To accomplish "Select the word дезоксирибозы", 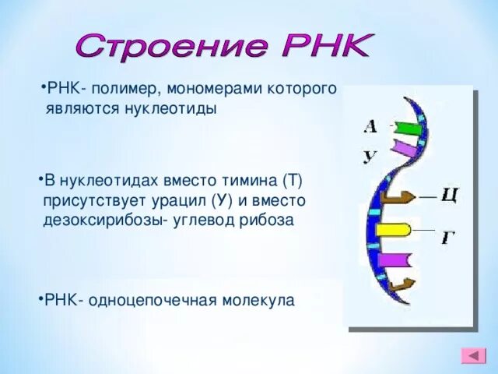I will pos(100,220).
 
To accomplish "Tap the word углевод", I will pos(204,220).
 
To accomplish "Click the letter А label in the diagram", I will pos(370,126).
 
